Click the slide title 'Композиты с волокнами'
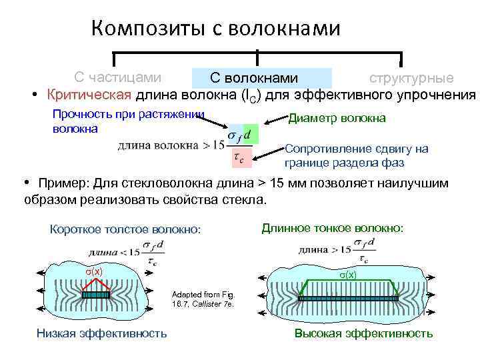coord(215,28)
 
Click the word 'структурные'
coord(411,78)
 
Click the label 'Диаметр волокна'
coord(337,118)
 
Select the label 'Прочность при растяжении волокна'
coord(127,121)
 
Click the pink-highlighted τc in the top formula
coord(237,159)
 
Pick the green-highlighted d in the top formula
coord(249,134)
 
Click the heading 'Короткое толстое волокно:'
coord(125,229)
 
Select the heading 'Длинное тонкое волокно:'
coord(332,228)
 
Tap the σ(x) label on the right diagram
coord(347,274)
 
